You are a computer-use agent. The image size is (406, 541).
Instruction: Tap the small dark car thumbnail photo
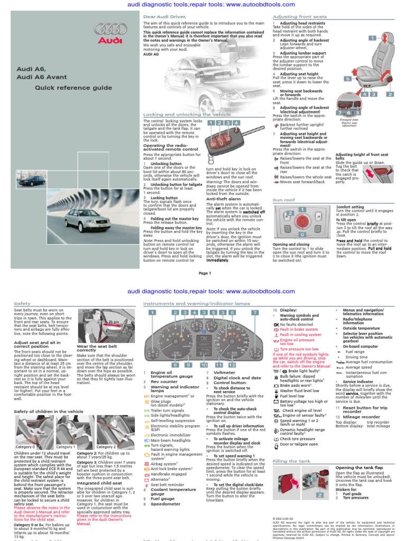(x=33, y=181)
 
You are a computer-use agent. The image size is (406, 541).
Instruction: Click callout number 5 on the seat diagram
(x=348, y=79)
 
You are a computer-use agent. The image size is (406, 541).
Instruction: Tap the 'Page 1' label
(x=204, y=273)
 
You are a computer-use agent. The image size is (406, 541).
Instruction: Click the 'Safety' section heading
(x=22, y=304)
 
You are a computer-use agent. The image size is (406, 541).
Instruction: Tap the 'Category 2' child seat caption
(x=106, y=446)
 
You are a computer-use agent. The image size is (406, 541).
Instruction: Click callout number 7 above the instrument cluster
(x=254, y=313)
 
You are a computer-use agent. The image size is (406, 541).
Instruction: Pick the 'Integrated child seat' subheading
(x=100, y=482)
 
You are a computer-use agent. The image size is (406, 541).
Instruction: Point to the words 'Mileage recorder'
(x=362, y=416)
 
